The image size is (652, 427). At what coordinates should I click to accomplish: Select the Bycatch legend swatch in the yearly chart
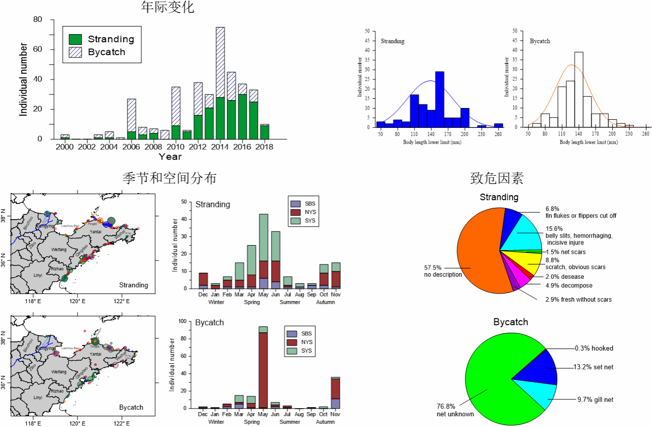tap(75, 52)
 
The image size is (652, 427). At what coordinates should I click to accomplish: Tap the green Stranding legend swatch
tap(75, 39)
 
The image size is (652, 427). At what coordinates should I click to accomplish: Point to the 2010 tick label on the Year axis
tap(176, 147)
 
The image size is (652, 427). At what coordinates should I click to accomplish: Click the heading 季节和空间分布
tap(169, 178)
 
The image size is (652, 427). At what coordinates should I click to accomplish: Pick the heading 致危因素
tap(497, 178)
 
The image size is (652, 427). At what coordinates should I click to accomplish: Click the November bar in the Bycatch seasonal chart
tap(335, 392)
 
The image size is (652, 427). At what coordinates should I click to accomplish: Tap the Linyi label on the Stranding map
tap(38, 275)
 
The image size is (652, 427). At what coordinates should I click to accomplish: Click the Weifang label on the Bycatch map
tap(59, 372)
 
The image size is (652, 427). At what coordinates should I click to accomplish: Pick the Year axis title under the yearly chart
tap(170, 156)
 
